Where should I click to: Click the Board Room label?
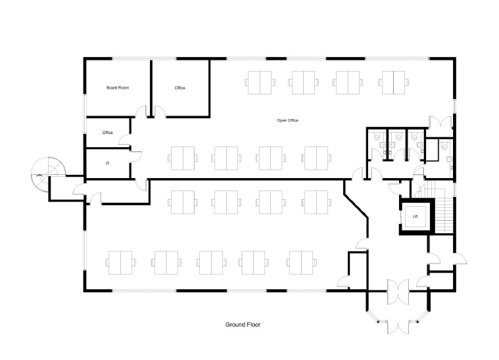(x=117, y=87)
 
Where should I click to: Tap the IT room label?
(x=108, y=162)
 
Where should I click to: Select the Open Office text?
(x=288, y=120)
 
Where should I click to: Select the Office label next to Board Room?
(x=179, y=87)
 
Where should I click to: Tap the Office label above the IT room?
(x=108, y=133)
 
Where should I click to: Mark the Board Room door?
(x=140, y=113)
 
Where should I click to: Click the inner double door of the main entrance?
(x=399, y=291)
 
